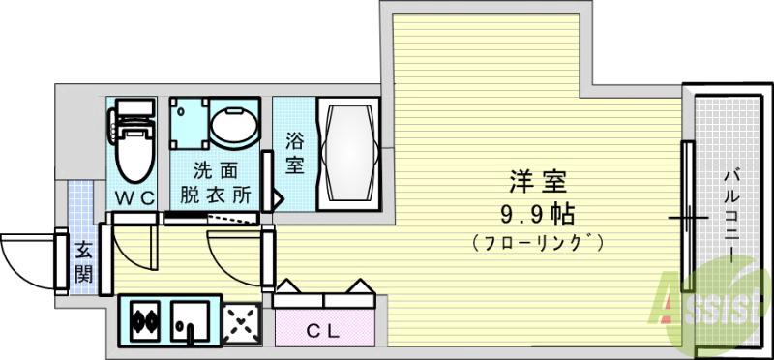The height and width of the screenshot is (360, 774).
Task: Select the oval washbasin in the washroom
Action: tap(235, 126)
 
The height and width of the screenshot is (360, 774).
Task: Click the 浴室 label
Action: tap(293, 152)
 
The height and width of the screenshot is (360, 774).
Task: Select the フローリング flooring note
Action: tap(538, 241)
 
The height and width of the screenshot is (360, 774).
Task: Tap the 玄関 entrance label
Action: tap(84, 261)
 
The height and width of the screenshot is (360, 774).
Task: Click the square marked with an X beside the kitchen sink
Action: tap(241, 321)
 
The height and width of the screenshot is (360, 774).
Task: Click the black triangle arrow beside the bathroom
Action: tap(275, 200)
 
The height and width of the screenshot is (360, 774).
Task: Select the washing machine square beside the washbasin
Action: tap(189, 124)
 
